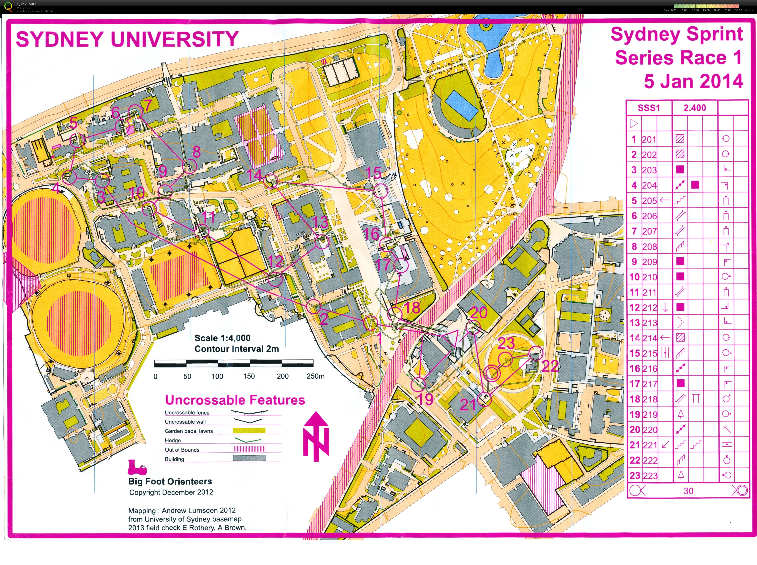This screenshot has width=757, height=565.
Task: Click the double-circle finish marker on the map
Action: click(492, 373)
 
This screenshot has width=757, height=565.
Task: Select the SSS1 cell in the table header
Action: click(649, 108)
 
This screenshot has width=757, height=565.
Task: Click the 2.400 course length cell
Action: click(694, 108)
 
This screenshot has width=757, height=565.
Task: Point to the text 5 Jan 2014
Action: click(693, 81)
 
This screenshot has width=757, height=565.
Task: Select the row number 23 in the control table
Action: click(635, 475)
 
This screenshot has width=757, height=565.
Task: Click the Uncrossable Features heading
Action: click(235, 400)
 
